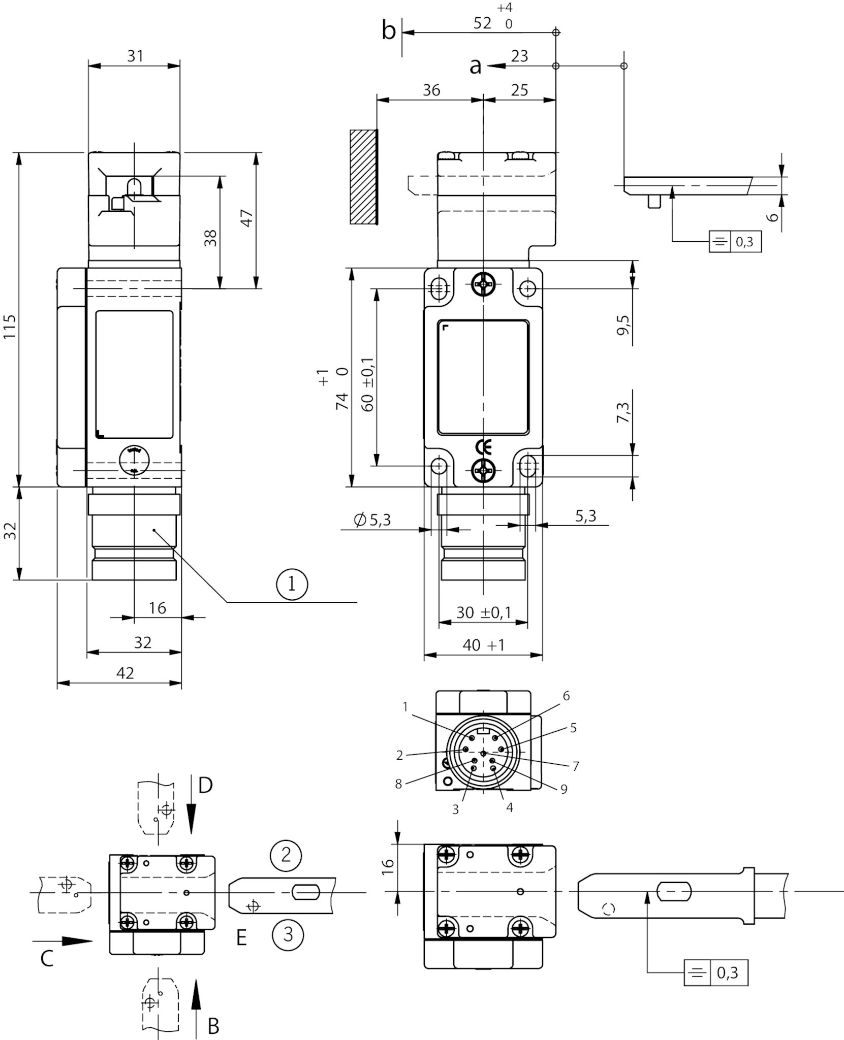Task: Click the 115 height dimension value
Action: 9,327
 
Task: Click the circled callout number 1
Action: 292,584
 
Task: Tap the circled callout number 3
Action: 288,934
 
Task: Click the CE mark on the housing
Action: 483,447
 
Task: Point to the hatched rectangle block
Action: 363,177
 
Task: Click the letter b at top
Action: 388,31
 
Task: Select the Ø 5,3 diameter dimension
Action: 372,519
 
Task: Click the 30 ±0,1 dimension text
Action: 483,613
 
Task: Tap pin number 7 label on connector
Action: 576,766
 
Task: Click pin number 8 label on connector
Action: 398,785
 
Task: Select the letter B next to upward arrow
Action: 213,1026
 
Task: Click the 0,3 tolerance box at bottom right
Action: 727,973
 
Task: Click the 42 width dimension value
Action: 125,673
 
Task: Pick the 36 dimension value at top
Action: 431,90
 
